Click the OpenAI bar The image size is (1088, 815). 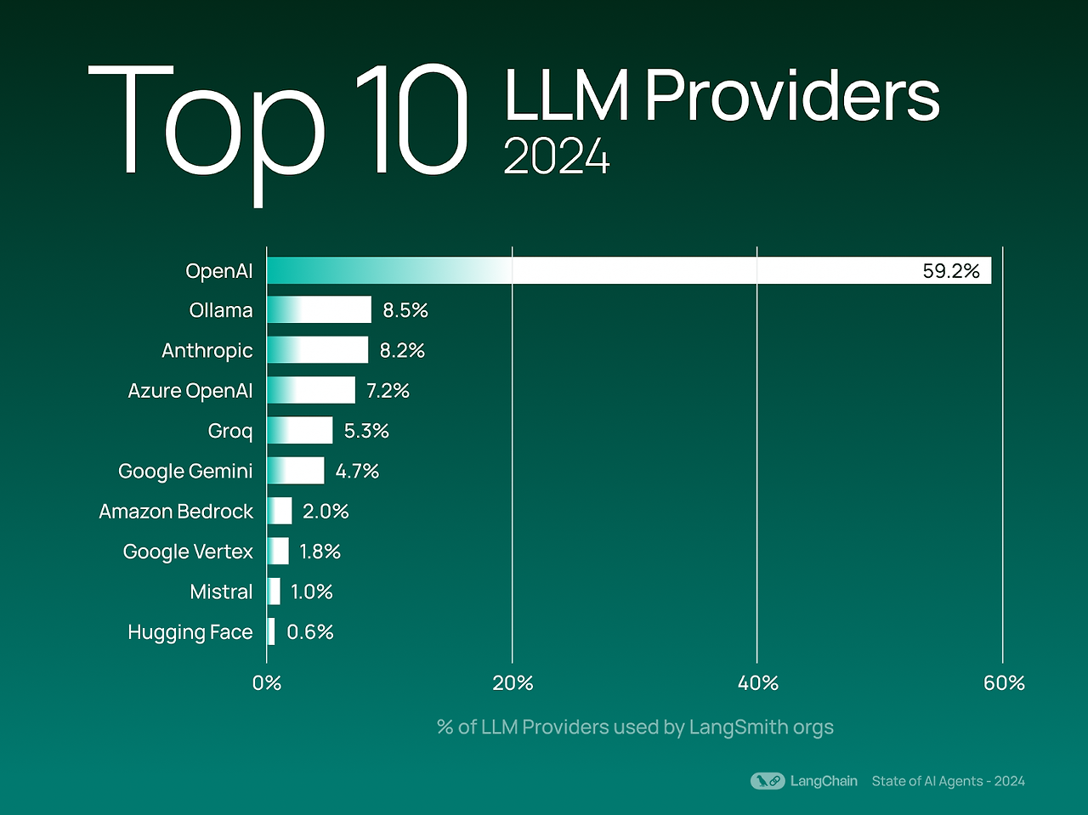[x=629, y=270]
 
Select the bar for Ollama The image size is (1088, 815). [x=319, y=310]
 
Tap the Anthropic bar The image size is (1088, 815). [x=317, y=350]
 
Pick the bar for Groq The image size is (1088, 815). [x=299, y=431]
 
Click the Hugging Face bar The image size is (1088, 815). [x=271, y=631]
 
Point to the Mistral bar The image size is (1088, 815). [x=274, y=591]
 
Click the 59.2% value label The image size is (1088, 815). [x=950, y=271]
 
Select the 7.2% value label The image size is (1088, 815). [x=388, y=391]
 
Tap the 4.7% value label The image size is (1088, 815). [x=357, y=472]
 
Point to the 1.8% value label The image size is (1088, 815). [x=320, y=552]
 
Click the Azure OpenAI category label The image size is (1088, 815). [x=190, y=391]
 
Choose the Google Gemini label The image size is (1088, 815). [x=185, y=472]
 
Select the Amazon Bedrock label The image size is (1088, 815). [x=176, y=512]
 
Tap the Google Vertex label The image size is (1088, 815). [x=188, y=552]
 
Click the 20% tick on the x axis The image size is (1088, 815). [x=513, y=683]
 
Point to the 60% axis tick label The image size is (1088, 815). [x=1004, y=683]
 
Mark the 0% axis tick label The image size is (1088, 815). [x=267, y=683]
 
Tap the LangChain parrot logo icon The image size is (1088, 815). [x=768, y=781]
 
